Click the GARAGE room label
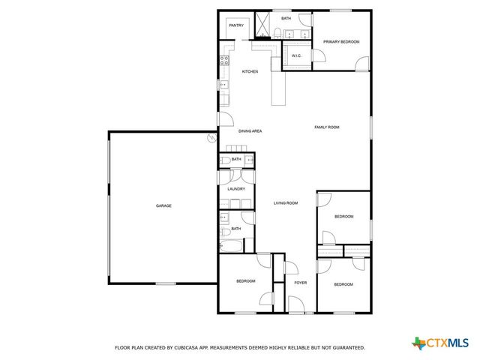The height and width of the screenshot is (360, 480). coord(163,205)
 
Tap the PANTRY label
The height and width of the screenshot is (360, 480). coord(236,25)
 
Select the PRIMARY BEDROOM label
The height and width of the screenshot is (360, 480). coord(341,42)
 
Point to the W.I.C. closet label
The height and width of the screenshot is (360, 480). coord(295,55)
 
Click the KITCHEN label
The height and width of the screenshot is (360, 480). coord(250,71)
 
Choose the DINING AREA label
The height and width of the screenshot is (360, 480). coord(250,131)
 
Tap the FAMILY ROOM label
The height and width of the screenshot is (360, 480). coord(326,127)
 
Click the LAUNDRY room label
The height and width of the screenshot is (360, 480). coord(236,189)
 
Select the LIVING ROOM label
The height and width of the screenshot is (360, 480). coord(286,203)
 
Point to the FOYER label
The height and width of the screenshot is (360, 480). coord(300,283)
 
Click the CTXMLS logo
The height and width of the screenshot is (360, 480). coord(443,343)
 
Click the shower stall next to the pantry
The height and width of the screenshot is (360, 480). coord(262,24)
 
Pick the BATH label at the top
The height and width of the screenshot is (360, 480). coord(286,18)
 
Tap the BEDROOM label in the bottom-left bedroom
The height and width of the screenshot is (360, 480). coord(246,281)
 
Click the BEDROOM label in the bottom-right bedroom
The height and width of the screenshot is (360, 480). coord(343,284)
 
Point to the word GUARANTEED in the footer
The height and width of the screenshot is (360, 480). coord(348,348)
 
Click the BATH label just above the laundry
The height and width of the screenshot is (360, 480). coord(236,160)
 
